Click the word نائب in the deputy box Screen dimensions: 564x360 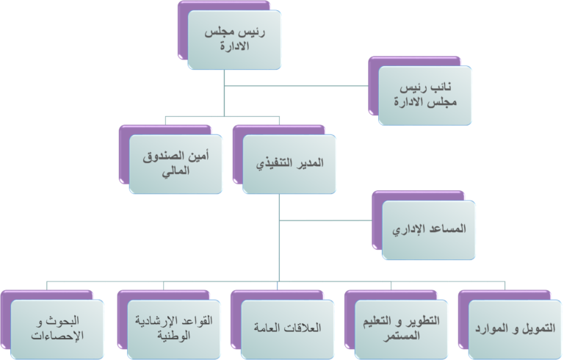(441, 87)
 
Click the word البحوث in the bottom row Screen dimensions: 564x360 (63, 320)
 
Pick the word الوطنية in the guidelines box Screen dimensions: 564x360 (174, 336)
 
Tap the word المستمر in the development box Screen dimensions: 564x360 (401, 336)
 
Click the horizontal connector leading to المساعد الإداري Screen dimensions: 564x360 (325, 220)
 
